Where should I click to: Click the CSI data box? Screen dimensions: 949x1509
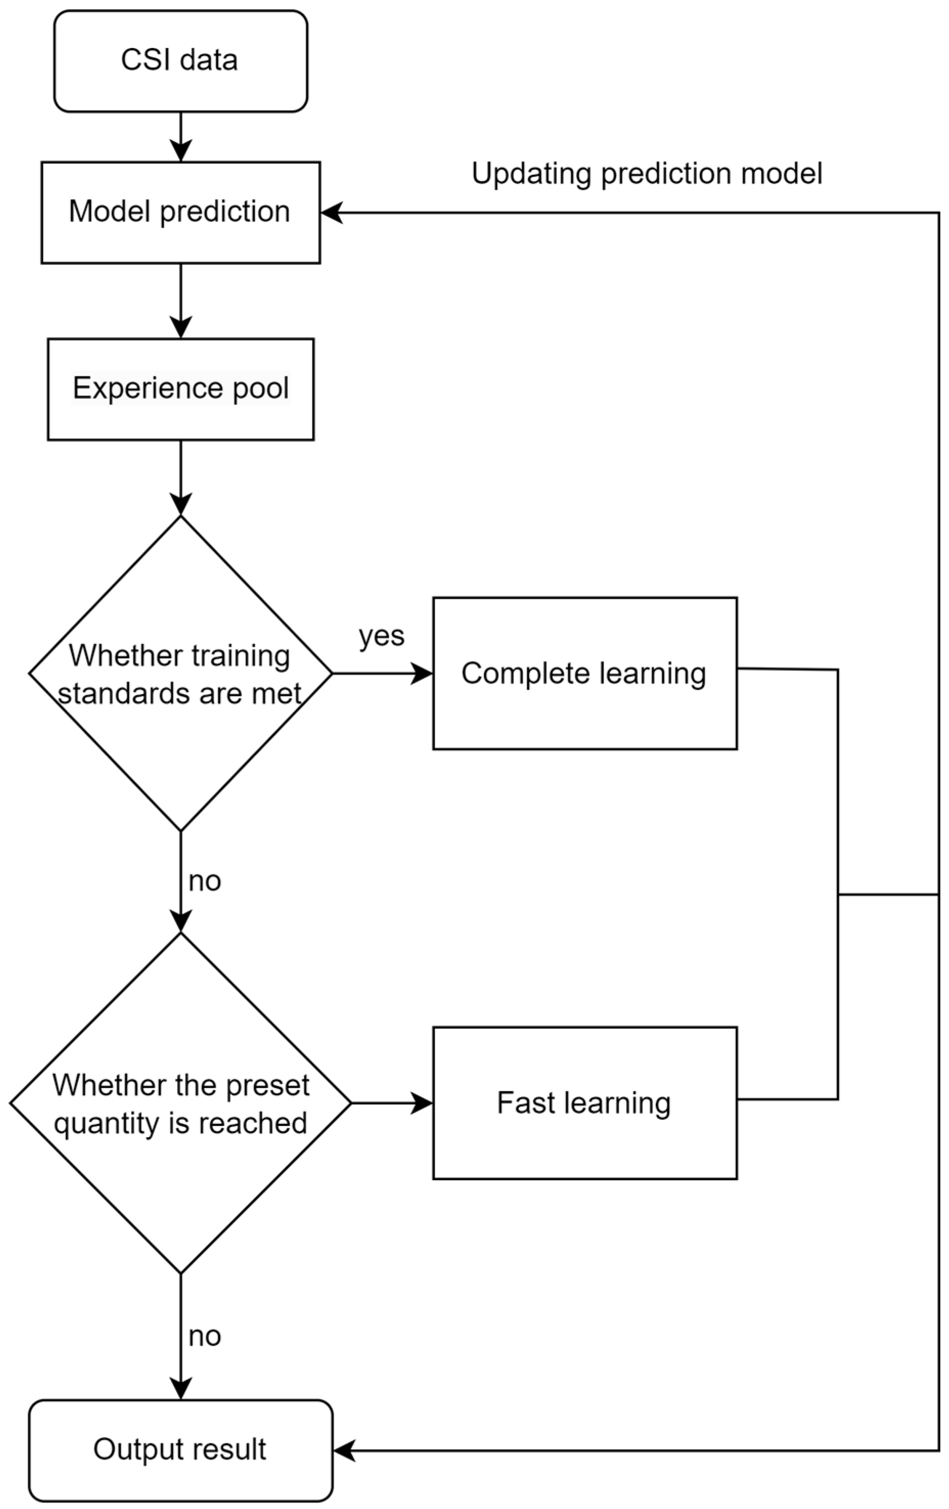coord(180,61)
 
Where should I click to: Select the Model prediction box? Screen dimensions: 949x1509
coord(180,212)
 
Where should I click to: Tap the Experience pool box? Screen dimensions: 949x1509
coord(180,389)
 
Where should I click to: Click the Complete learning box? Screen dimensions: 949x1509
coord(584,673)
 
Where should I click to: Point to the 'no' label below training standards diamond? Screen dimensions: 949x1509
coord(205,882)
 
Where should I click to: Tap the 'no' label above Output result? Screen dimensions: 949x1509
coord(205,1337)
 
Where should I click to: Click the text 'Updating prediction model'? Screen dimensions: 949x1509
coord(646,173)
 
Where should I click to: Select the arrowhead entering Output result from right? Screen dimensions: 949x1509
coord(344,1450)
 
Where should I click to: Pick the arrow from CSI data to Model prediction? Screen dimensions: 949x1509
coord(180,137)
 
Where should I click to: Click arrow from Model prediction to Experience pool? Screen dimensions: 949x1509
coord(180,301)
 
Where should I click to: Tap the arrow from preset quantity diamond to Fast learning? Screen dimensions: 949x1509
coord(392,1103)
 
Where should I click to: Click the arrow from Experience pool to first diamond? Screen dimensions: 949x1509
coord(180,478)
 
